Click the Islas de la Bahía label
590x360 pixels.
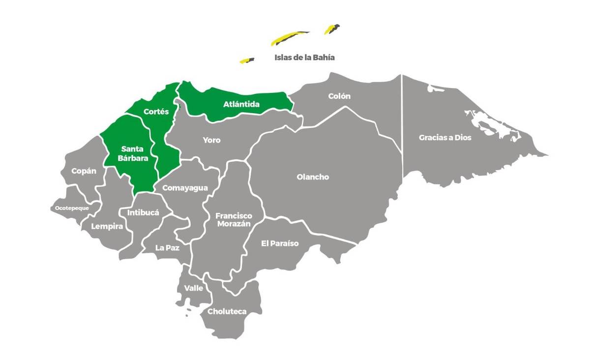tap(304, 58)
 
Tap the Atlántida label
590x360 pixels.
tap(241, 104)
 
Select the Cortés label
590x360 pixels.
tap(156, 112)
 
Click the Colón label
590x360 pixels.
tap(339, 96)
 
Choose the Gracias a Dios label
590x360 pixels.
tap(445, 138)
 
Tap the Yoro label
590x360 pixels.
tap(212, 140)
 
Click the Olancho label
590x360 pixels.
tap(313, 177)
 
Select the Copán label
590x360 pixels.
tap(84, 171)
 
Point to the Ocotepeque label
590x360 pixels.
tap(72, 208)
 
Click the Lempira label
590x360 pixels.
tap(107, 227)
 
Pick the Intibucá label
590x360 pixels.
tap(143, 213)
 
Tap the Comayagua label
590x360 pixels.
tap(185, 188)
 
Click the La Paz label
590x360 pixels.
tap(167, 248)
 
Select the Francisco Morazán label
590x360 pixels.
tap(234, 219)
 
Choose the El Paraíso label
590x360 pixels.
tap(280, 243)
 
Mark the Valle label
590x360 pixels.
tap(194, 288)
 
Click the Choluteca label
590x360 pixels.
tap(227, 311)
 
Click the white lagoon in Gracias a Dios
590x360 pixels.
tap(487, 123)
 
